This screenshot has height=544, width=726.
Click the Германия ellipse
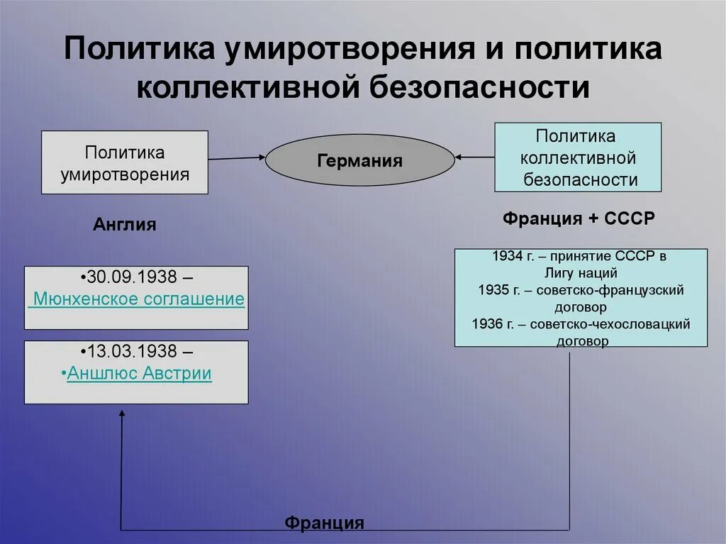pos(359,161)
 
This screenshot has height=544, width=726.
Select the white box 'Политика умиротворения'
pos(124,162)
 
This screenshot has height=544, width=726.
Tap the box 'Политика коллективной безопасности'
pos(577,157)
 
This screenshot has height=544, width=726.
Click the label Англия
pos(124,225)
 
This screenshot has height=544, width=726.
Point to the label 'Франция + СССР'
pos(579,218)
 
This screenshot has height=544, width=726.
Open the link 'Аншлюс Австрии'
pos(140,373)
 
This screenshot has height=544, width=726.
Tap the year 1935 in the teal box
pos(494,291)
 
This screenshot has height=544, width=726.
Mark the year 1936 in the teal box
pos(486,324)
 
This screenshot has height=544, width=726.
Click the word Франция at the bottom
pos(324,523)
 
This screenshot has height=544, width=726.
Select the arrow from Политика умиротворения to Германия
pos(237,157)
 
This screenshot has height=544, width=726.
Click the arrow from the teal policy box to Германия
pos(474,156)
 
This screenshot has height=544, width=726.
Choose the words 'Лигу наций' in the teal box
pos(581,273)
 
